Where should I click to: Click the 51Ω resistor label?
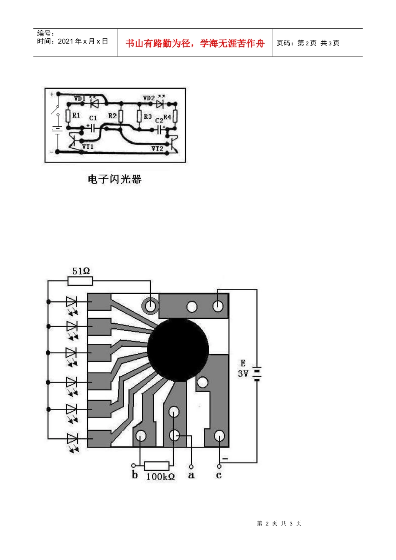(81, 271)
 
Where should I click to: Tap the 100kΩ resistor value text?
(160, 477)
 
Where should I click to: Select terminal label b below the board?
(135, 475)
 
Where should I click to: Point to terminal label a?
(191, 475)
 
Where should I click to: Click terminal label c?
(219, 475)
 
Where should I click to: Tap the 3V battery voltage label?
(243, 373)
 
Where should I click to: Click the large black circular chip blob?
(178, 350)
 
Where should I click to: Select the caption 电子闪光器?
(115, 179)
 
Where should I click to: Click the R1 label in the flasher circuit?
(76, 115)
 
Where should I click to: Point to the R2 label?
(112, 116)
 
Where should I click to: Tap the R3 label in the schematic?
(148, 117)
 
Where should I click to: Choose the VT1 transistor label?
(88, 147)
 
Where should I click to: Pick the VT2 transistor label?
(157, 149)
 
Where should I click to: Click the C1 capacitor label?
(93, 118)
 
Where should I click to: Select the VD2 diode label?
(149, 98)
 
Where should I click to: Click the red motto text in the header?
(195, 43)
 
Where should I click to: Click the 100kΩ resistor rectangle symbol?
(157, 466)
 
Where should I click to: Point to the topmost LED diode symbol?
(72, 302)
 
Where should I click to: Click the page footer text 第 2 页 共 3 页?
(279, 523)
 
